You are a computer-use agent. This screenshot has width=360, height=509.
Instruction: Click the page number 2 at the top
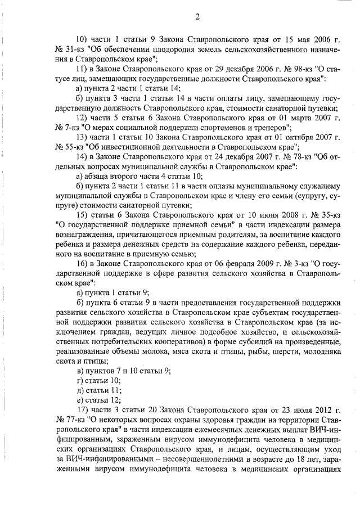[198, 16]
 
